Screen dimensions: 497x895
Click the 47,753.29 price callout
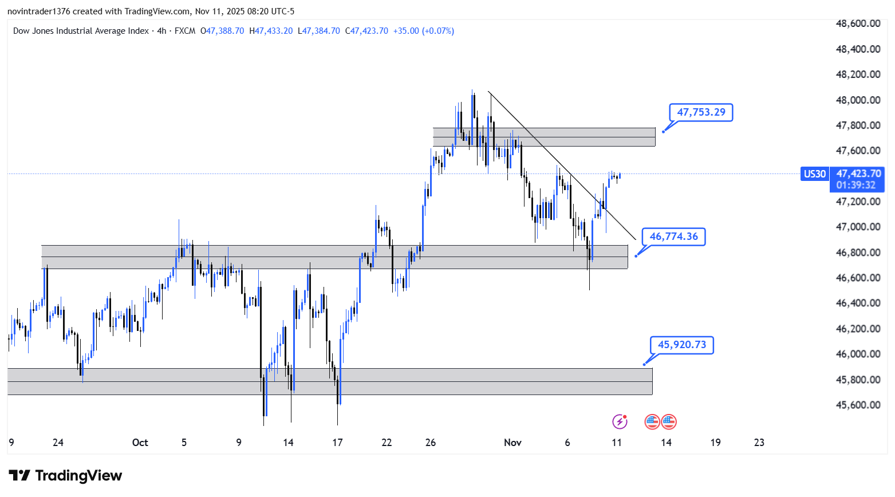click(701, 112)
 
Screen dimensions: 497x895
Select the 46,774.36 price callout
click(673, 236)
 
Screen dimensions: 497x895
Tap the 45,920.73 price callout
click(681, 345)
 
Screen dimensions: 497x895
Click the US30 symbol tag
click(814, 173)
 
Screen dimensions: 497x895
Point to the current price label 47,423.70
click(858, 173)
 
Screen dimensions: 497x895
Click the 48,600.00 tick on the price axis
click(858, 23)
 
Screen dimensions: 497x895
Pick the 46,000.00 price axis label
click(858, 354)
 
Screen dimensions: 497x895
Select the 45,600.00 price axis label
click(858, 405)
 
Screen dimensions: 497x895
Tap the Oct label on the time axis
click(140, 443)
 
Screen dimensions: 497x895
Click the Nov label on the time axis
click(512, 443)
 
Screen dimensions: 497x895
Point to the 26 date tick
click(431, 443)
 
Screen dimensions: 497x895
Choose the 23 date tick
click(759, 443)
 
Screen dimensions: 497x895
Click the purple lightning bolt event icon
click(620, 422)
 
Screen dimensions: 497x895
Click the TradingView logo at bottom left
click(65, 476)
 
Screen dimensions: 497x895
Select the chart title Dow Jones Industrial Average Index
click(81, 31)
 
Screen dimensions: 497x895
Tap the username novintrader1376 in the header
click(39, 11)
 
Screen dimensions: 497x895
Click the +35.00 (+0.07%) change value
click(423, 31)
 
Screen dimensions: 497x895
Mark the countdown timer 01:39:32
click(855, 185)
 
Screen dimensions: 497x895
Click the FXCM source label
click(185, 31)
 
